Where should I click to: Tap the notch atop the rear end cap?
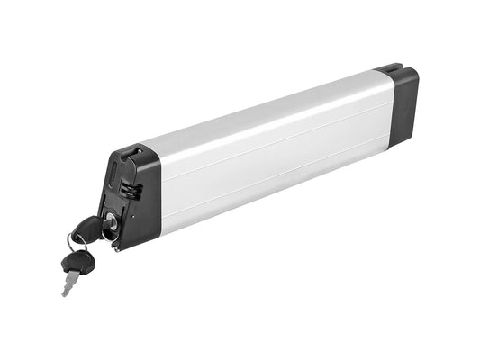(x=388, y=67)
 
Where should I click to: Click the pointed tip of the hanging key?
(x=64, y=294)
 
